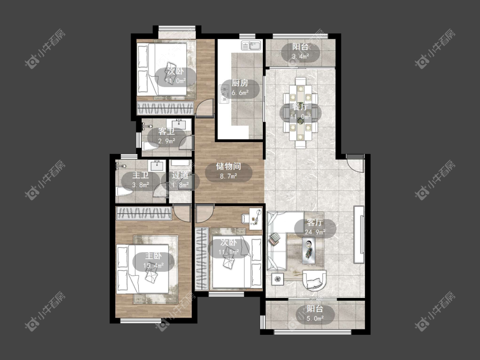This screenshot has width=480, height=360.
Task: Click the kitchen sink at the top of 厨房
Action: point(251,45)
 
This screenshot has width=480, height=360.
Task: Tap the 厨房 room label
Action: point(240,83)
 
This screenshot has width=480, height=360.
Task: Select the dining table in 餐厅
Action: point(301,112)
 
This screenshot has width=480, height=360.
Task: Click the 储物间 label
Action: point(228,166)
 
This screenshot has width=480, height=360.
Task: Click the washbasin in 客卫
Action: point(180,125)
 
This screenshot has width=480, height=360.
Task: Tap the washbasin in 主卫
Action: point(157,166)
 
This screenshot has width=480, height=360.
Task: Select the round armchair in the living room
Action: point(314,280)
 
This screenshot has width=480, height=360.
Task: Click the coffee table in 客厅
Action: point(309,250)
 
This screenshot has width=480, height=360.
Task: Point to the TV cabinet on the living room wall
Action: point(359,235)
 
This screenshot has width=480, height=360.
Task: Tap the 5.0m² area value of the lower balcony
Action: point(315,319)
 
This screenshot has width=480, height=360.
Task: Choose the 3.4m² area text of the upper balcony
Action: point(300,56)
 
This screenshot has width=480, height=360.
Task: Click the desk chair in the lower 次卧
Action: point(245,218)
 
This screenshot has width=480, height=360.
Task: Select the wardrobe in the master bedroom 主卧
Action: point(143,213)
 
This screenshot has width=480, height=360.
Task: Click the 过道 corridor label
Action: point(180,175)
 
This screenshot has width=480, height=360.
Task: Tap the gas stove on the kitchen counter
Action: point(224,94)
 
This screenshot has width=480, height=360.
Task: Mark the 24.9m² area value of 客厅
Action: point(315,232)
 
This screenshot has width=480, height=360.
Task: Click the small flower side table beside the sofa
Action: point(277,279)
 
